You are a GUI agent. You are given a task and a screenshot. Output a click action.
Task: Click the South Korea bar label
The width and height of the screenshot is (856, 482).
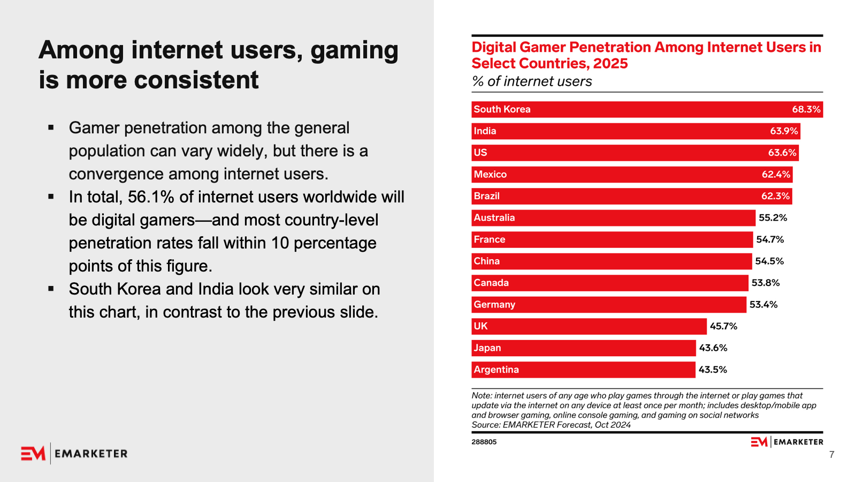pyautogui.click(x=502, y=109)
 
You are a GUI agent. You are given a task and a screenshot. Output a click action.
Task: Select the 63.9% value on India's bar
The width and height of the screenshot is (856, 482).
pyautogui.click(x=784, y=131)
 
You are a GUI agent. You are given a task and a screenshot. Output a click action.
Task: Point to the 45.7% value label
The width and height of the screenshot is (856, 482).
pyautogui.click(x=723, y=326)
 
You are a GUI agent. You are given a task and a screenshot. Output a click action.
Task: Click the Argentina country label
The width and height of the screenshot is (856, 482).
pyautogui.click(x=496, y=370)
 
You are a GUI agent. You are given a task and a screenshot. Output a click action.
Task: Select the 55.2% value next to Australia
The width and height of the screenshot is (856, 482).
pyautogui.click(x=773, y=218)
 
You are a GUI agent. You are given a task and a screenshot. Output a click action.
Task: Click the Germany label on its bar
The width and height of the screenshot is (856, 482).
pyautogui.click(x=494, y=305)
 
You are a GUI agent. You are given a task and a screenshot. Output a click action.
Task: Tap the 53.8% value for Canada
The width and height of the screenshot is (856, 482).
pyautogui.click(x=766, y=283)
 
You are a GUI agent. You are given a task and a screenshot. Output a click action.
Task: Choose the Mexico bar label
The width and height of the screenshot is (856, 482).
pyautogui.click(x=490, y=175)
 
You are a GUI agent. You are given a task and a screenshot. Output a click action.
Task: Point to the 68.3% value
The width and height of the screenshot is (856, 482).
pyautogui.click(x=806, y=109)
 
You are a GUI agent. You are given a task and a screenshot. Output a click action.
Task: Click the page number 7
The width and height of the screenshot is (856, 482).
pyautogui.click(x=831, y=455)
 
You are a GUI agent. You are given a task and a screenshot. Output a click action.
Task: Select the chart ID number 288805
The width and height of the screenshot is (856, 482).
pyautogui.click(x=484, y=442)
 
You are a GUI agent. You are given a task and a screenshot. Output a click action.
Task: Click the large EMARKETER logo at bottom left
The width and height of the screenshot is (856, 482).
pyautogui.click(x=74, y=454)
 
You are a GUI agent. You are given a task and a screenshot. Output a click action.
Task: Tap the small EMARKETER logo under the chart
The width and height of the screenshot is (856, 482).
pyautogui.click(x=786, y=442)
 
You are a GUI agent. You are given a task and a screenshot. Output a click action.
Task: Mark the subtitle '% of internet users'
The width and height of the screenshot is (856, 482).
pyautogui.click(x=532, y=81)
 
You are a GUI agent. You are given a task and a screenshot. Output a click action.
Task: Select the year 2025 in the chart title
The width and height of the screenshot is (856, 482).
pyautogui.click(x=610, y=64)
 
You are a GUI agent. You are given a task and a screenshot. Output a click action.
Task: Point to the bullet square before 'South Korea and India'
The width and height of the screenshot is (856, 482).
pyautogui.click(x=51, y=289)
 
